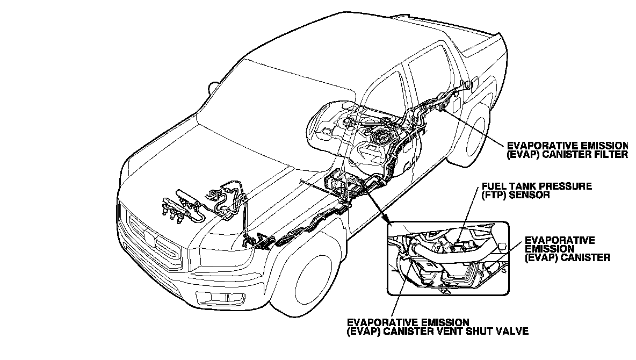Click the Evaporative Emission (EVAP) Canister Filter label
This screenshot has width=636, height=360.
(567, 150)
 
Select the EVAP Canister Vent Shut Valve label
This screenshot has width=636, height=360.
(437, 327)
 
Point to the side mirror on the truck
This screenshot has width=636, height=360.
(214, 87)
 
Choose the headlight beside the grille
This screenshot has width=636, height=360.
(226, 257)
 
